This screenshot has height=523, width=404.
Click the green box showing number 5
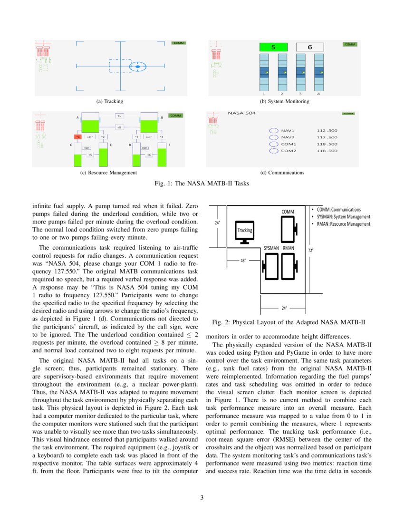point(273,47)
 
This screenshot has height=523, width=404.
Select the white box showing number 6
point(310,47)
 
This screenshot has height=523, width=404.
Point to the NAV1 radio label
point(288,130)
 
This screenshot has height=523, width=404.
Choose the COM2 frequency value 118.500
point(327,151)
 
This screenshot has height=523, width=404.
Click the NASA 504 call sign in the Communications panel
point(242,113)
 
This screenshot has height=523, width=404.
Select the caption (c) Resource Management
point(109,173)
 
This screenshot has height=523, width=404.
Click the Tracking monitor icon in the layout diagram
point(245,232)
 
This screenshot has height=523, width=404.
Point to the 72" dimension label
point(311,249)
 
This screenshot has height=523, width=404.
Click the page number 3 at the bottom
point(202,498)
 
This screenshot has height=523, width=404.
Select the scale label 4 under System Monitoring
point(318,94)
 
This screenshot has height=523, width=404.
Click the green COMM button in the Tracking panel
point(179,43)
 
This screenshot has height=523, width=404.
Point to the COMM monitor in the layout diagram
point(288,230)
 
